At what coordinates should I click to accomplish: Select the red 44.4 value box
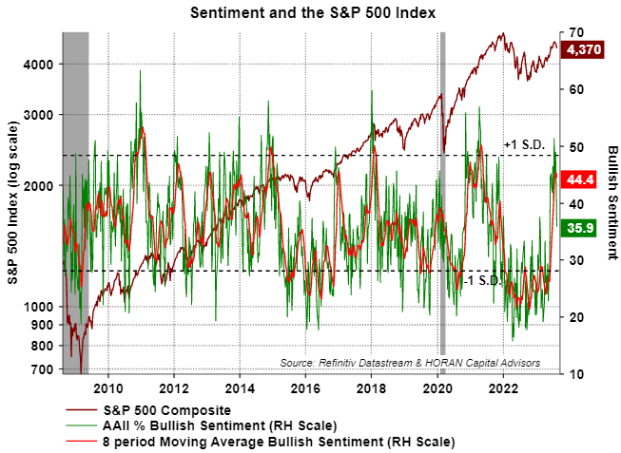click(x=579, y=179)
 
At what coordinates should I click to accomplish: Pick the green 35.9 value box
click(x=579, y=227)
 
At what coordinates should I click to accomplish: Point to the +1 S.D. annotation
click(x=522, y=144)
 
